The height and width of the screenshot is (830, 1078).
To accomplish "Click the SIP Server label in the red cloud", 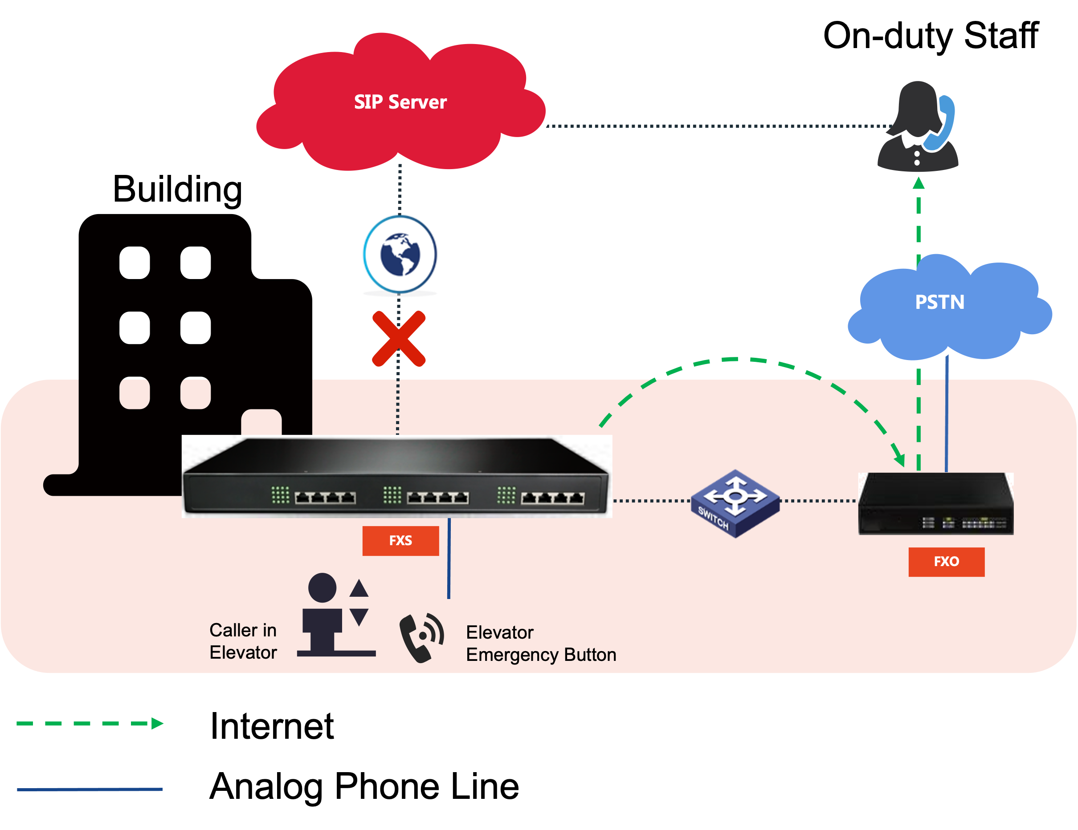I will pos(400,102).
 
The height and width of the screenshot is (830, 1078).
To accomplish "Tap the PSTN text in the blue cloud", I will pos(939,302).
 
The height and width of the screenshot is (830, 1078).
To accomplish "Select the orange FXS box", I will pos(400,541).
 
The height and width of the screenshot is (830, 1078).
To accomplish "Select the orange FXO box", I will pos(946,562).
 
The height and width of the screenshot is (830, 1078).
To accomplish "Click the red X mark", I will pos(399,339).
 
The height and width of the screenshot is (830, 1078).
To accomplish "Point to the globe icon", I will pos(400,254).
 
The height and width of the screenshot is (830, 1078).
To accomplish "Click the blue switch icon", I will pos(735,503).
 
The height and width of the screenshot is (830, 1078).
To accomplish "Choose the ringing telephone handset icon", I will pos(421,637).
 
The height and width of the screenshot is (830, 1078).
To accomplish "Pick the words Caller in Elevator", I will pos(243,641).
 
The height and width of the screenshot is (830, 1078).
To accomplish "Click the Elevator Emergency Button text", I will pos(541,644).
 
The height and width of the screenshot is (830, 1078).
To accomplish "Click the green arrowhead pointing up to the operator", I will pos(918,183).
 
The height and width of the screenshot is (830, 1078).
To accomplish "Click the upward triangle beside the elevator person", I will pos(359,588).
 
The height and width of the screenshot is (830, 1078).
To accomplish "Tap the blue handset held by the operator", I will pos(940,123).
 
